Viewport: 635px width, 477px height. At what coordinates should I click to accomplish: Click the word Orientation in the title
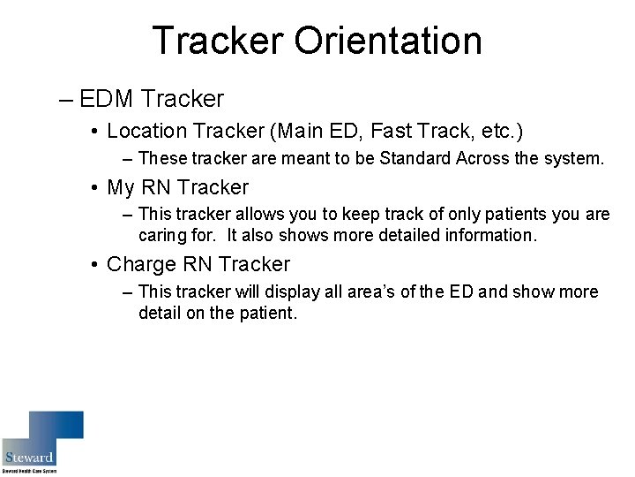[388, 41]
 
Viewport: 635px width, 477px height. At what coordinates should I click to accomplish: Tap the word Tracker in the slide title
[217, 41]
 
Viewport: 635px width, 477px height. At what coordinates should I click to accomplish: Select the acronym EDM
[107, 99]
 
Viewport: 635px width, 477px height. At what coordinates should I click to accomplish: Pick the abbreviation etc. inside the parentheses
[497, 132]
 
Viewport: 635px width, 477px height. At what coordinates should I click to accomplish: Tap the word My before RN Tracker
[121, 187]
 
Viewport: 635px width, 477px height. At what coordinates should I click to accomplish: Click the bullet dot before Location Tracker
[93, 132]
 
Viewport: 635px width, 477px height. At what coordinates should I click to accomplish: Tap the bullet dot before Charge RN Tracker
[93, 265]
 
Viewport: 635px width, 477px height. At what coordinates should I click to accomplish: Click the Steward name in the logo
[29, 458]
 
